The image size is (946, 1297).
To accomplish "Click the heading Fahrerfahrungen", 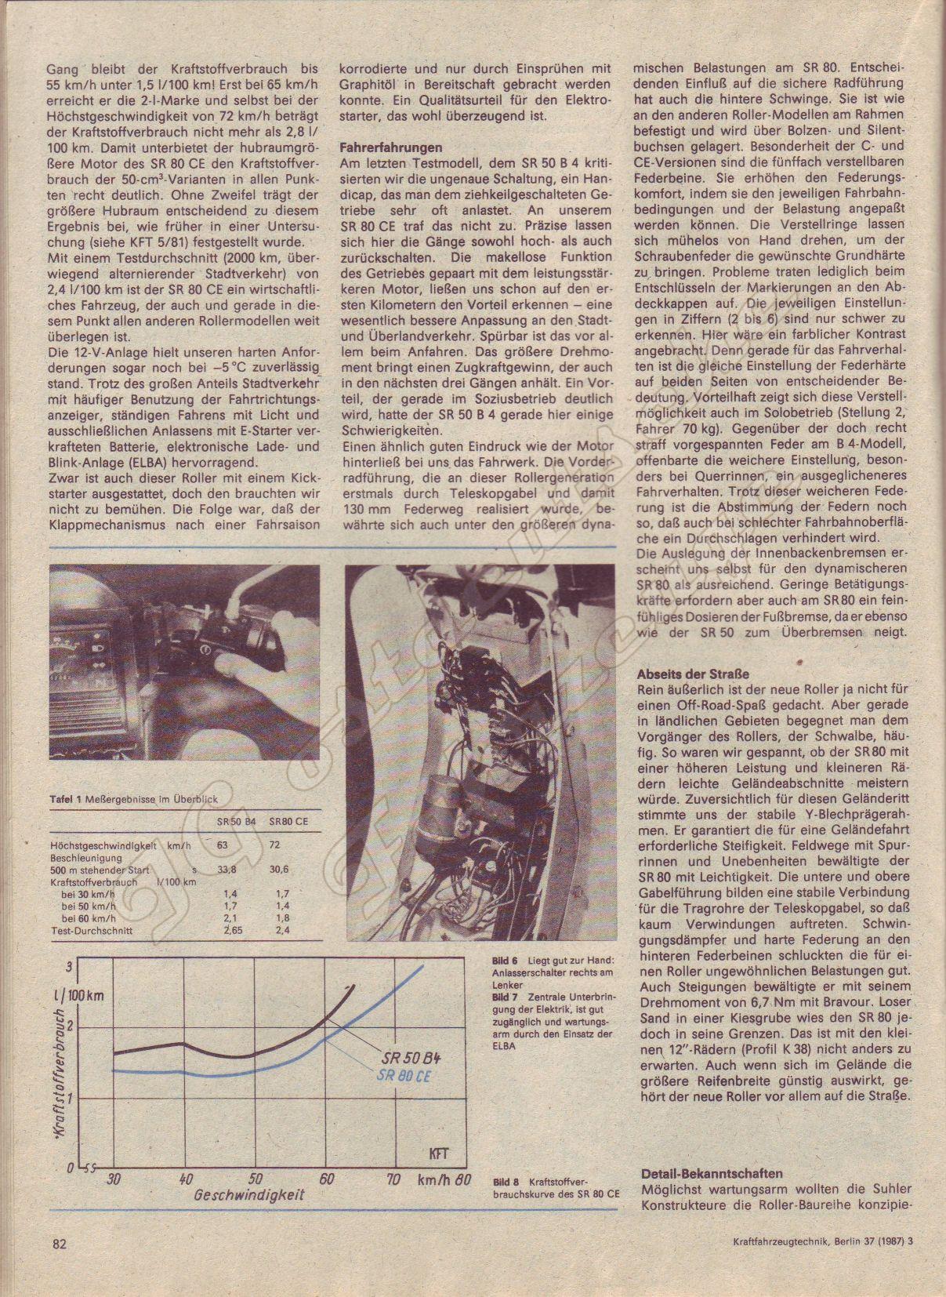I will pos(390,147).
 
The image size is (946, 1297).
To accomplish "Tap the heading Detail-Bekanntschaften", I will pos(711,1174).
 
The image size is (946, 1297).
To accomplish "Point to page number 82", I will pos(60,1264).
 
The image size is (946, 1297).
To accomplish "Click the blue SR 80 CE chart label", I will pos(404,1076).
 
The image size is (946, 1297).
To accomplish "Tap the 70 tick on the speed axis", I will pos(394,1178).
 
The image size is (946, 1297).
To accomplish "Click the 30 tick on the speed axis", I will pos(115,1178).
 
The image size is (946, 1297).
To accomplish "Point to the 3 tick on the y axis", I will pos(70,966).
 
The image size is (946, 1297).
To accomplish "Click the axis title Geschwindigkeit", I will pos(248,1196).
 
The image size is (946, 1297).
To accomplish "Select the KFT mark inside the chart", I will pos(440,1153).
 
